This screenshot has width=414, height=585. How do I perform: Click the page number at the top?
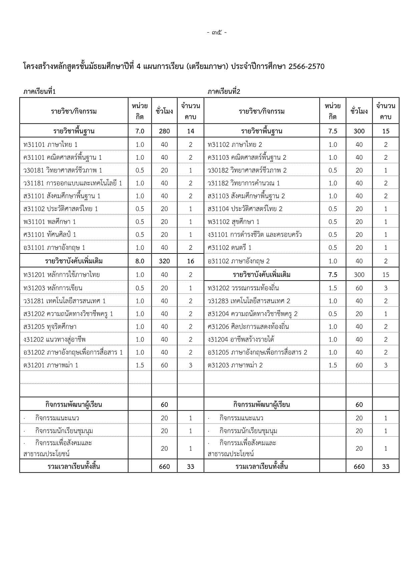(217, 33)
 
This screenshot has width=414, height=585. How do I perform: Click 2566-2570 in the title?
(306, 66)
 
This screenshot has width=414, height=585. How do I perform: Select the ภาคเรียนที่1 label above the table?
(39, 91)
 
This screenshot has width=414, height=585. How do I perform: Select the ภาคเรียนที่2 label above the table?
(224, 91)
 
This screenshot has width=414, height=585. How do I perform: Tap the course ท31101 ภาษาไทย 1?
(50, 144)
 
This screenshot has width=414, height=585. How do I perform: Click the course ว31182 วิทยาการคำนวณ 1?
(244, 183)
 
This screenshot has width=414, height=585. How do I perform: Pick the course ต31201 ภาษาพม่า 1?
(51, 365)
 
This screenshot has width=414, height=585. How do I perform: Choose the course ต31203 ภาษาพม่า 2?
(235, 365)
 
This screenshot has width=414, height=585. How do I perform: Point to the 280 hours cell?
(164, 131)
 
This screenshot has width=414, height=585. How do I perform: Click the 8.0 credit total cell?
(140, 261)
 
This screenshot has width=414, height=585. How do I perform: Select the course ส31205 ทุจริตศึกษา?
(50, 327)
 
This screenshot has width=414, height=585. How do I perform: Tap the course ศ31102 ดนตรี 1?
(230, 247)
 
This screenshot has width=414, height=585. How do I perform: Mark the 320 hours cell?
(164, 261)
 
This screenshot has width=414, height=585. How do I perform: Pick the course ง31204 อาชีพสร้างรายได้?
(241, 340)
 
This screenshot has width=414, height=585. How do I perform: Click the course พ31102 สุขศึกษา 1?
(234, 222)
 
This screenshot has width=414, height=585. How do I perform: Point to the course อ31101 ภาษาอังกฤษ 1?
(54, 247)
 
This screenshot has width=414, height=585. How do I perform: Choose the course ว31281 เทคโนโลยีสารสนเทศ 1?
(64, 301)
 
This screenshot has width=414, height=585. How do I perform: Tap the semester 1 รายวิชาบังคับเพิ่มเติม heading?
(74, 261)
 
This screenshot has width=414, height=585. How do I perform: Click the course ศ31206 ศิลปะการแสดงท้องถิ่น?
(248, 327)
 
